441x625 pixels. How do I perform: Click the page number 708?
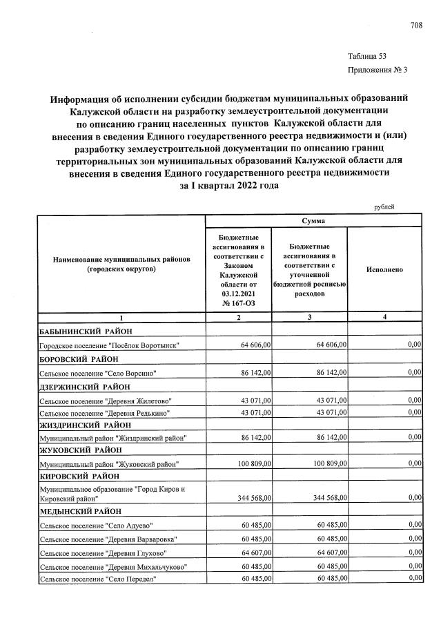tap(415, 26)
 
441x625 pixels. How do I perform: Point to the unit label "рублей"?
tap(384, 206)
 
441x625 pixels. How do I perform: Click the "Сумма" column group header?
tap(314, 222)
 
